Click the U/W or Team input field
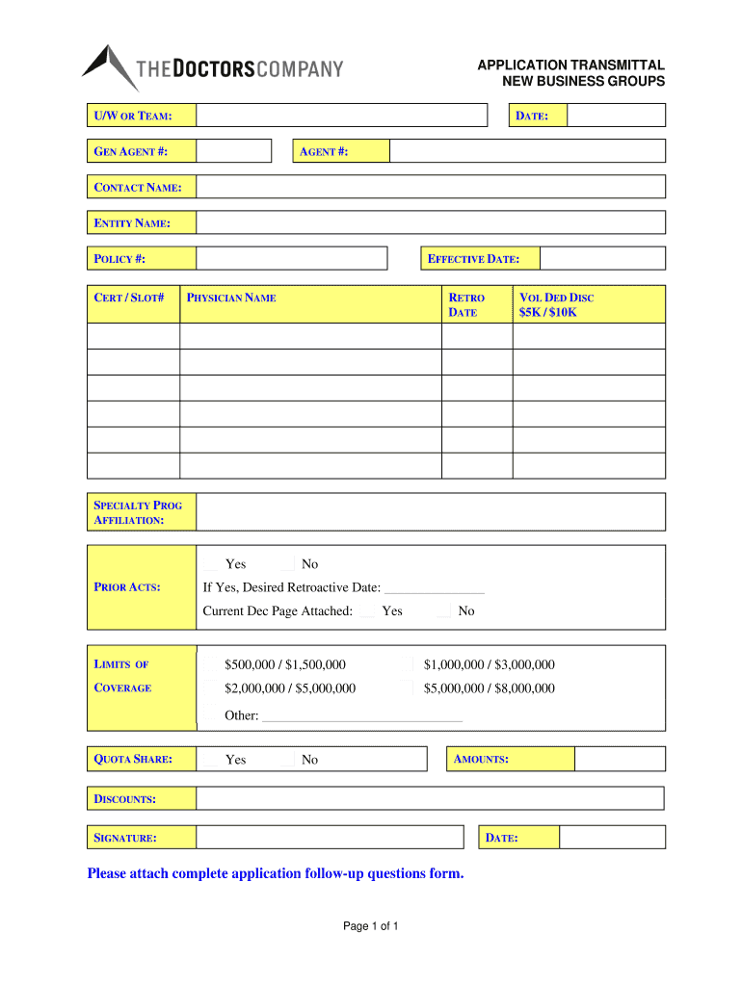[x=342, y=116]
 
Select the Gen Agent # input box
[x=234, y=151]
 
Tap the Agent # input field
[x=527, y=151]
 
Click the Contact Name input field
[x=431, y=187]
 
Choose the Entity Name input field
[x=431, y=222]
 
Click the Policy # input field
[x=291, y=258]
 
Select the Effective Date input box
[x=602, y=258]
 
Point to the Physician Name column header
[x=231, y=298]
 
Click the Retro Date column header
[x=466, y=304]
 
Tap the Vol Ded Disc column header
[x=557, y=304]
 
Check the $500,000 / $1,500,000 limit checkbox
[x=211, y=664]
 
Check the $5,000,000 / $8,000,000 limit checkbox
[x=411, y=688]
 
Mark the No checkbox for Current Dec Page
[x=444, y=611]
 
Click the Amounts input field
[x=620, y=759]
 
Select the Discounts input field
[x=430, y=798]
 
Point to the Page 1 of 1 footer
[x=371, y=926]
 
